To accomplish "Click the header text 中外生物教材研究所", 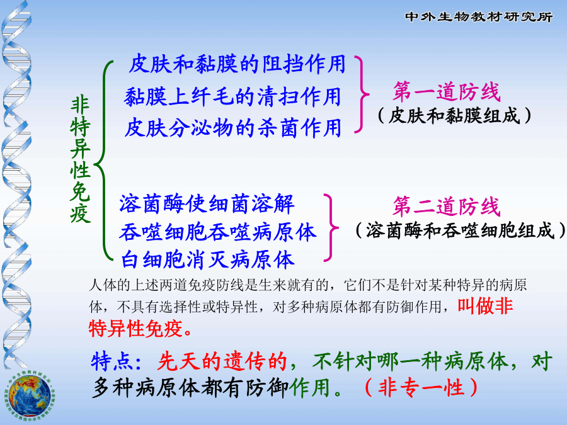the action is [x=478, y=16].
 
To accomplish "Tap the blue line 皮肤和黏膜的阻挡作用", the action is [x=238, y=64].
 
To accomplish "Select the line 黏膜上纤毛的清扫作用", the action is [x=232, y=96].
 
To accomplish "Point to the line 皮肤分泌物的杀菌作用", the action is [x=233, y=128].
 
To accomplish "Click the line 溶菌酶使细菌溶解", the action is [x=207, y=203].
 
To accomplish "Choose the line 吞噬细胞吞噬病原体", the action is [x=218, y=232].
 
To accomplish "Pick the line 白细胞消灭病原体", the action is [x=207, y=259].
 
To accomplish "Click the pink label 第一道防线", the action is [x=447, y=91].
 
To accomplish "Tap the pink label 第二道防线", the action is [x=447, y=207].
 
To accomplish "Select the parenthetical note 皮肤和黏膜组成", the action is [x=454, y=116].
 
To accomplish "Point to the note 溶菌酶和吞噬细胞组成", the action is [x=460, y=230].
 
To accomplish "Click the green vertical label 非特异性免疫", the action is [x=80, y=159].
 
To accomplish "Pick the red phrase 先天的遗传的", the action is [x=222, y=361].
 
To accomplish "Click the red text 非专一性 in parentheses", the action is [x=421, y=387].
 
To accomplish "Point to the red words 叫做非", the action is [x=485, y=306].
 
